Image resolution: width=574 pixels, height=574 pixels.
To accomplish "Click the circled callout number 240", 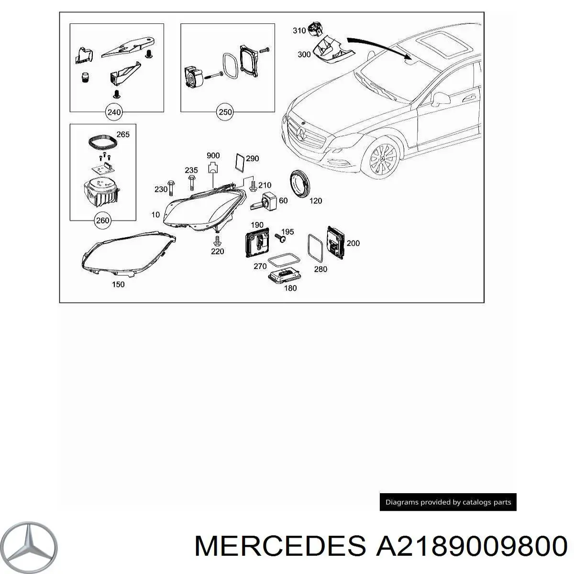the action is pyautogui.click(x=114, y=112).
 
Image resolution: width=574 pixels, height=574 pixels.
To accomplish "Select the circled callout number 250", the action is pyautogui.click(x=225, y=112).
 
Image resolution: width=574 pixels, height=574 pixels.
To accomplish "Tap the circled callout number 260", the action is pyautogui.click(x=102, y=221).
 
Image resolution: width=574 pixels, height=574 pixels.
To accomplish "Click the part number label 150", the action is pyautogui.click(x=118, y=284).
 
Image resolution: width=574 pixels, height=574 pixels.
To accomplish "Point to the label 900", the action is pyautogui.click(x=213, y=155).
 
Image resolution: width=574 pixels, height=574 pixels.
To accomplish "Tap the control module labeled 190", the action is pyautogui.click(x=257, y=243).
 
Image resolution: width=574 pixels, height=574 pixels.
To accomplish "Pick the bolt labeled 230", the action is pyautogui.click(x=171, y=188).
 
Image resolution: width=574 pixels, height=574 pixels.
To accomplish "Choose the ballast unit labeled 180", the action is pyautogui.click(x=285, y=277).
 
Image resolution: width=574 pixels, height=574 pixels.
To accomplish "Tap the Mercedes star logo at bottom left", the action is pyautogui.click(x=28, y=547).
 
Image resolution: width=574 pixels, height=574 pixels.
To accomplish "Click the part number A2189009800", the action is pyautogui.click(x=471, y=546).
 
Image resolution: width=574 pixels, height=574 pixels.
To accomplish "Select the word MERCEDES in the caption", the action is pyautogui.click(x=280, y=546).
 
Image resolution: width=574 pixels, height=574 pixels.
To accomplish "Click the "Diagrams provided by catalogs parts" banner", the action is pyautogui.click(x=448, y=502).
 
